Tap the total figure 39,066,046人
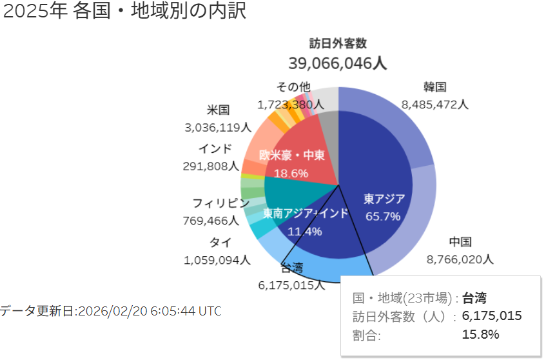(337, 63)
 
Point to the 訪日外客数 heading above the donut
(337, 43)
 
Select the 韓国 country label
(434, 87)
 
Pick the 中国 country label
(460, 243)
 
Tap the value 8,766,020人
(460, 259)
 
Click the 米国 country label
(218, 110)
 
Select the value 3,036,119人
(218, 127)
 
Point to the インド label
(215, 149)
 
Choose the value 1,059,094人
(217, 260)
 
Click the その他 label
(293, 87)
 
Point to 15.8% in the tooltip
(480, 334)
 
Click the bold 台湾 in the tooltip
(474, 298)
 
